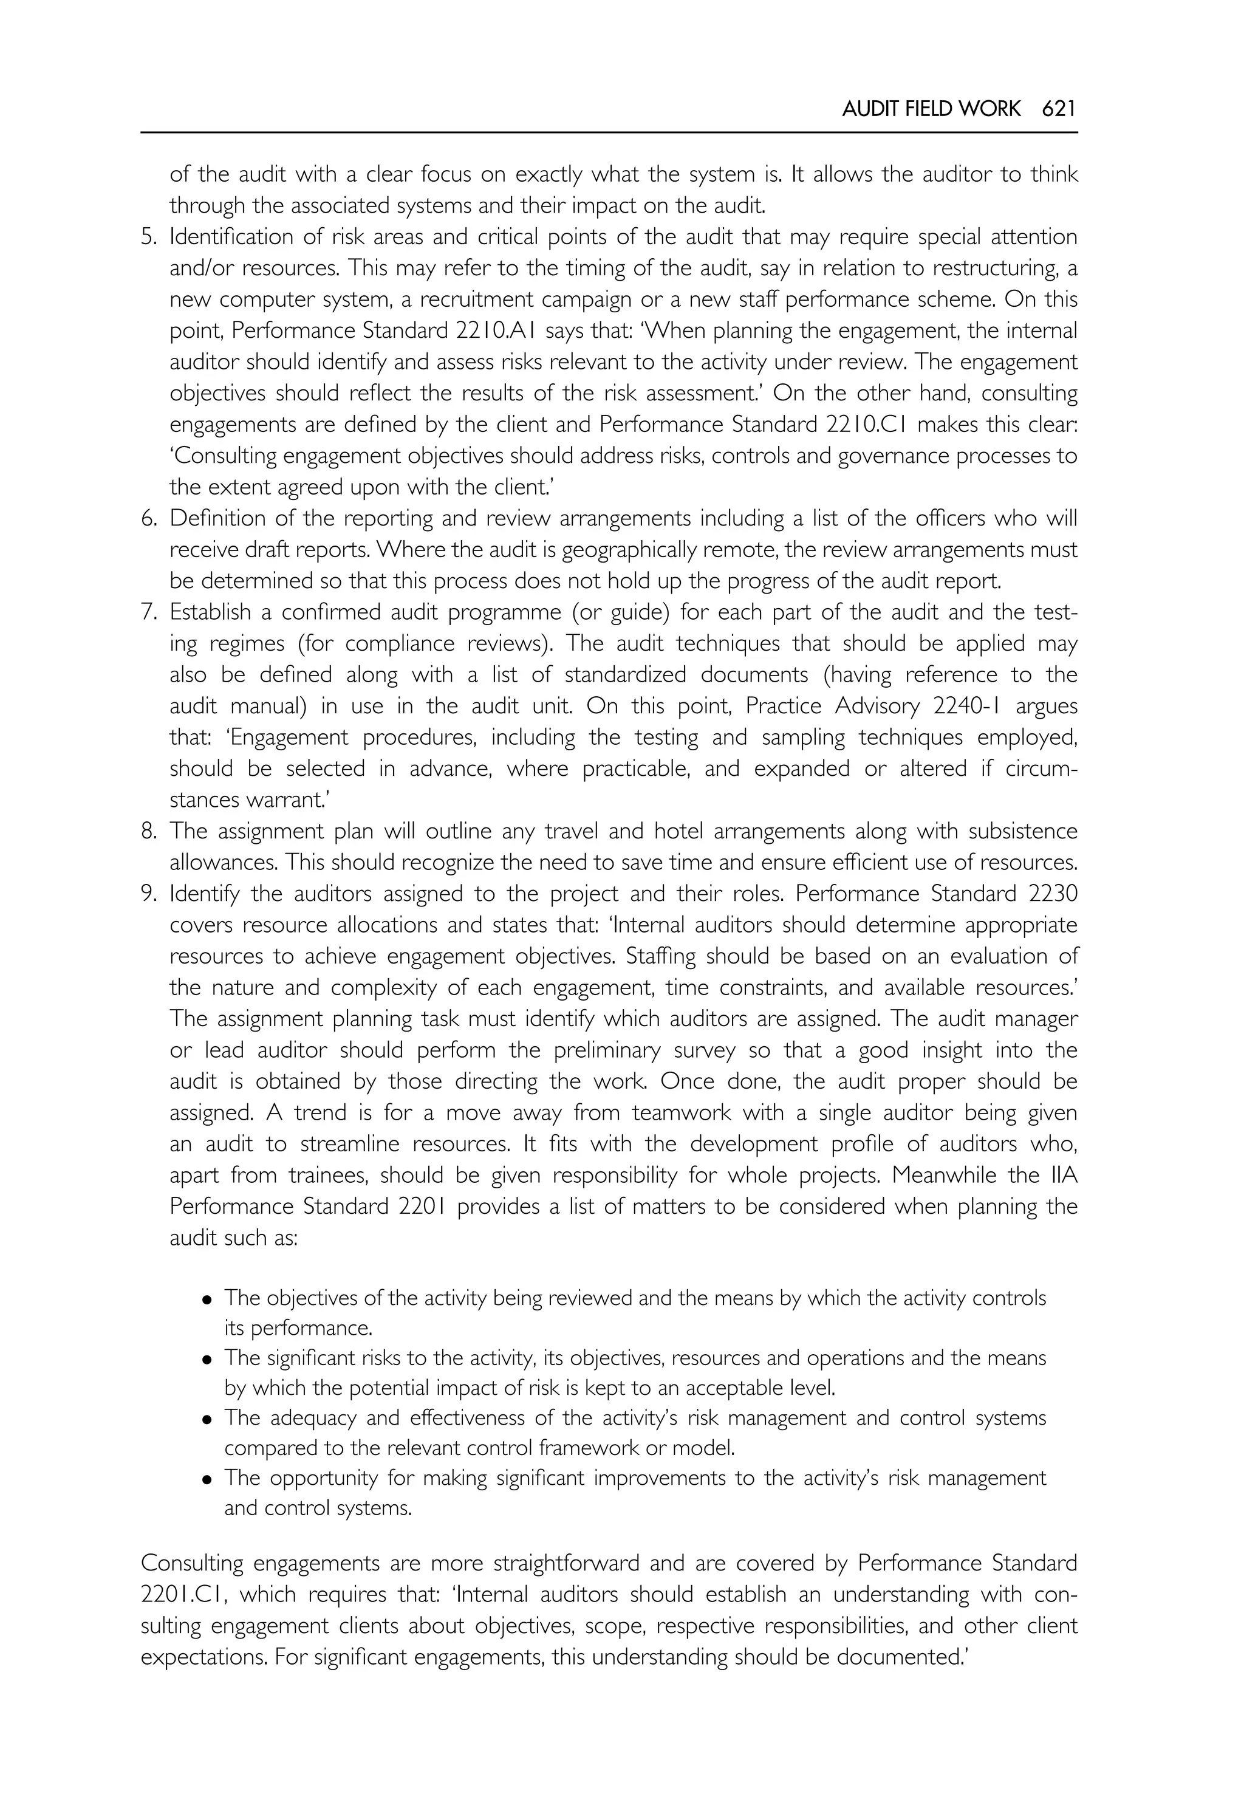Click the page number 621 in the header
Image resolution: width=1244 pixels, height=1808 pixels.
pos(1059,109)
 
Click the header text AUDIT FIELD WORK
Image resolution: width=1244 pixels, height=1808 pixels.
pos(931,109)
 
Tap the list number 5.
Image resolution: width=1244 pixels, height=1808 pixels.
pos(148,237)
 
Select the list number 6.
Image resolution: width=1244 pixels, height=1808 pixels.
pos(148,518)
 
